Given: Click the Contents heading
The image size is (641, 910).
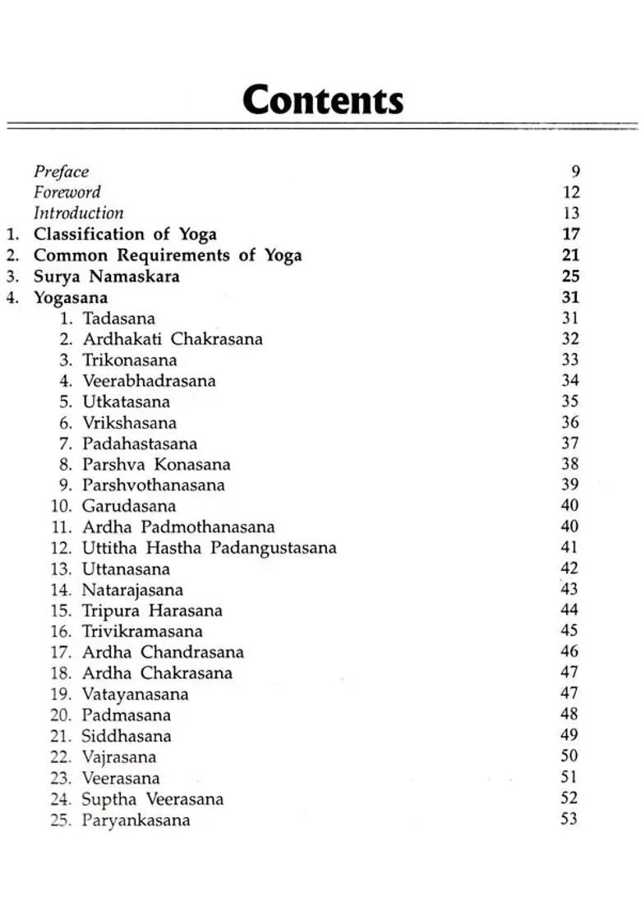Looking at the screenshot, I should pos(323,100).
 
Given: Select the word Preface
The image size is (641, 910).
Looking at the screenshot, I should pos(61,172).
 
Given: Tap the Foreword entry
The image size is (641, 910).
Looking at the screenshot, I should pos(67,192).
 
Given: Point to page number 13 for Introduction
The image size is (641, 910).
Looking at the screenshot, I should pos(571,214).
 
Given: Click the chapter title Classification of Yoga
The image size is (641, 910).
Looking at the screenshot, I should pos(125,234).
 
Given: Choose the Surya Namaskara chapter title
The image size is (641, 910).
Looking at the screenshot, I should pos(106,276).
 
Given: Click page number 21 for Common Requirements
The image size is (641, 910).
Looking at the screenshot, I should pos(571,255).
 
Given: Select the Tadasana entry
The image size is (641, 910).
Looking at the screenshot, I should pos(118,318).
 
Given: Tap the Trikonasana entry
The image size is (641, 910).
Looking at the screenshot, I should pos(129,360).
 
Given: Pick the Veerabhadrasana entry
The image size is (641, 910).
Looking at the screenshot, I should pos(149,381).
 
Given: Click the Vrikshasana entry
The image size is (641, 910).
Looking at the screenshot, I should pos(129,423).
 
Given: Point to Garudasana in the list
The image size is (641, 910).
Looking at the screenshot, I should pos(128,506).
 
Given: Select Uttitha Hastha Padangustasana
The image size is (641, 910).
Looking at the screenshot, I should pos(209,548).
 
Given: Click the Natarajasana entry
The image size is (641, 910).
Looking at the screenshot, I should pos(132,590).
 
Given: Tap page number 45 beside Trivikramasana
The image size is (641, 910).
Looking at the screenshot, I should pos(569,631).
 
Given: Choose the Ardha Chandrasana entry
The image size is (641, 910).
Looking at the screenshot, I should pos(163,652).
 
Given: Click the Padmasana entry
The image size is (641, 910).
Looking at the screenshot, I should pos(126,715).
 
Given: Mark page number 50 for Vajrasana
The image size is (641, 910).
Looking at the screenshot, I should pos(569,756).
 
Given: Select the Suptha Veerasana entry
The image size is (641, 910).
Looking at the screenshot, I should pos(152,799).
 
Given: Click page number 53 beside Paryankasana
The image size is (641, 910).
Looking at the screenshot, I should pos(569,819).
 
